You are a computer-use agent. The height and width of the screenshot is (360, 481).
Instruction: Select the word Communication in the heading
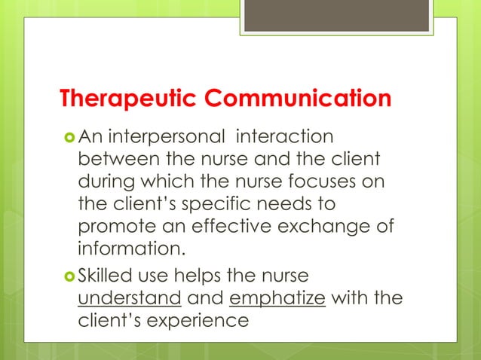coord(299,99)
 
